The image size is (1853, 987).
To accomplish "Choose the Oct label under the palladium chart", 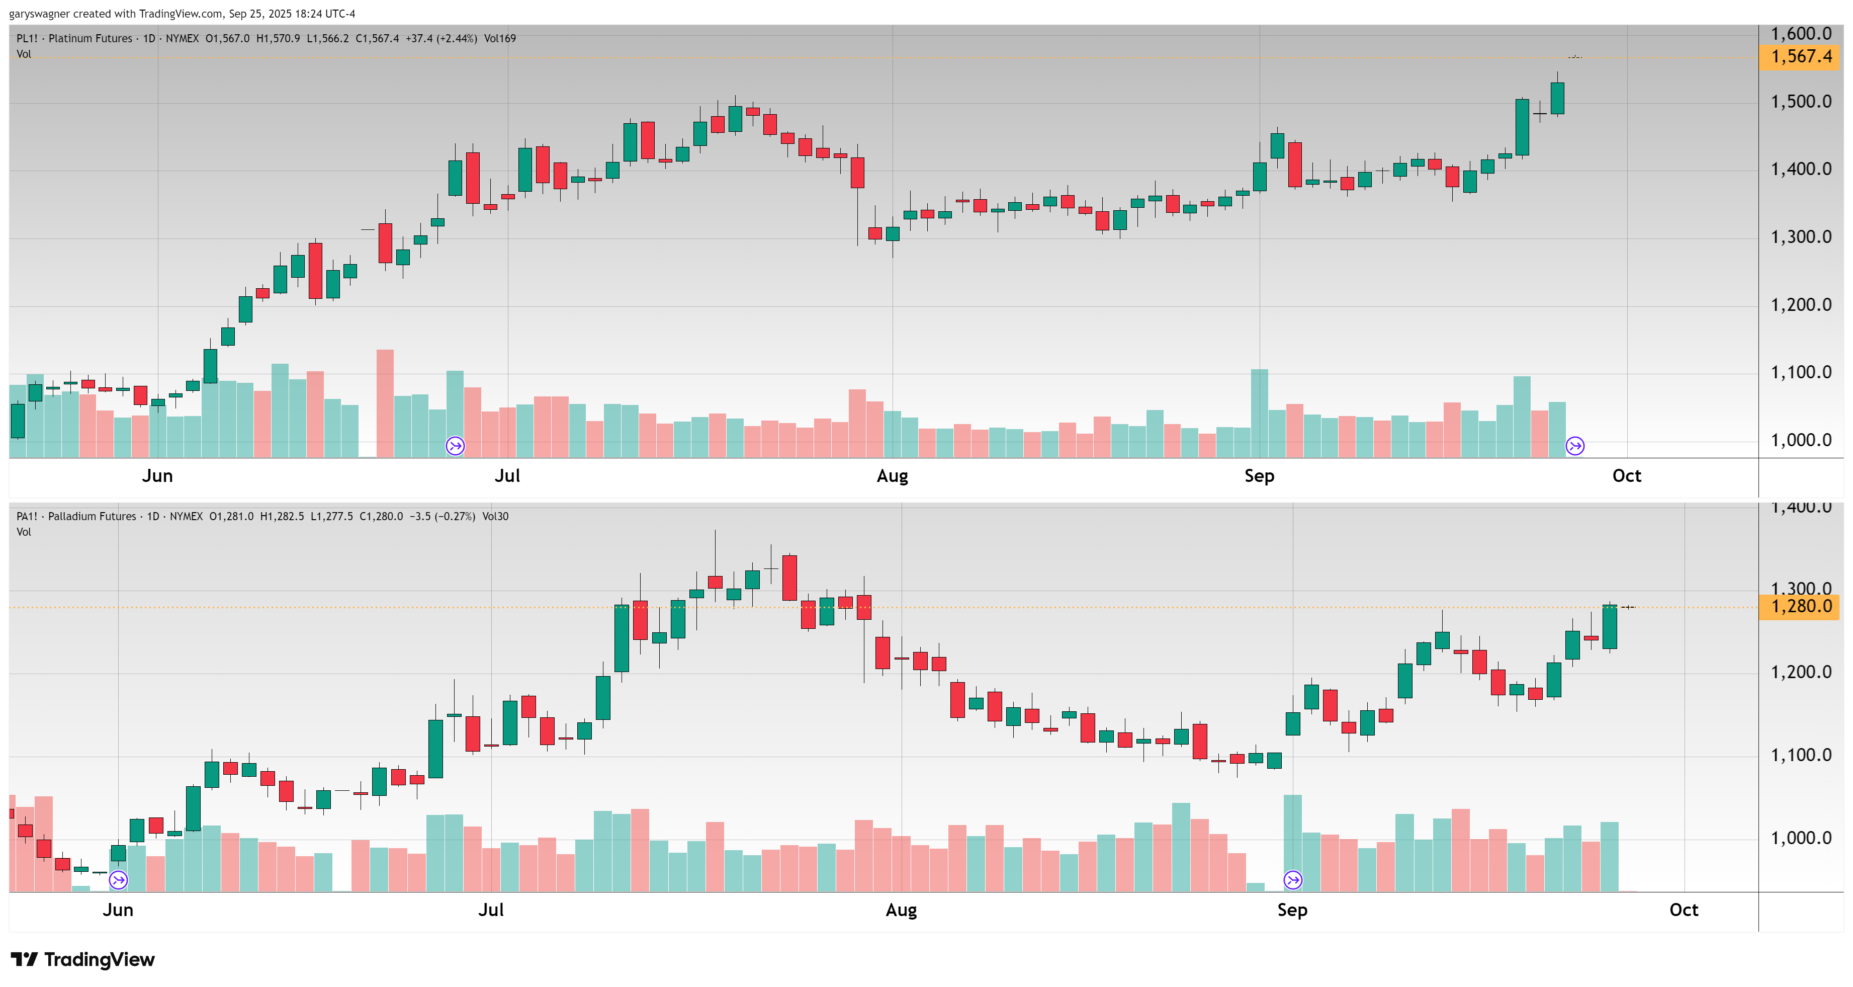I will point(1683,910).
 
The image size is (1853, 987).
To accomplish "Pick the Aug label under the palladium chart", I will point(901,910).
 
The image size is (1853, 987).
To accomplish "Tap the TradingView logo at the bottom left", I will point(83,960).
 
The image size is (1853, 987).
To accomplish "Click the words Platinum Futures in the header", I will point(90,39).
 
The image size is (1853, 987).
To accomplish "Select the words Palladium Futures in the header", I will point(92,517).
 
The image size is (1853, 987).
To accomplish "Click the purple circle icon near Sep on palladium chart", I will point(1293,880).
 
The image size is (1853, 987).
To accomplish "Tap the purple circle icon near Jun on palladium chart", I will point(118,880).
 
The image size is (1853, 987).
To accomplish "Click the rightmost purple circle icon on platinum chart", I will point(1574,446).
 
